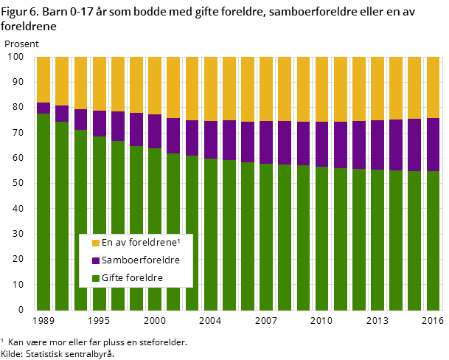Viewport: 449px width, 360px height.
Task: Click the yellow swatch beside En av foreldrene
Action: click(96, 243)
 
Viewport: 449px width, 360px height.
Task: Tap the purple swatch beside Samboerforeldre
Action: click(96, 260)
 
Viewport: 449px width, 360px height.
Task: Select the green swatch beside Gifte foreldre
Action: click(96, 278)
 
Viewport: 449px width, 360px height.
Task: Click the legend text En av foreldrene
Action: click(138, 243)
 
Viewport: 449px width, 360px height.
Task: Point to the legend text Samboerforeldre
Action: click(140, 260)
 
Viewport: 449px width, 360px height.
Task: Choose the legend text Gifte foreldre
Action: click(132, 278)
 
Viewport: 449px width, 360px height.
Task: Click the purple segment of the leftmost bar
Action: click(43, 108)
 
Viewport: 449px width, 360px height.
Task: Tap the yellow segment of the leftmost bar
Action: click(43, 80)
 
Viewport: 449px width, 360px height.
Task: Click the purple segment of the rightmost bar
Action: click(433, 145)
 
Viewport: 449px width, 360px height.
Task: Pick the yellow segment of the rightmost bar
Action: click(433, 87)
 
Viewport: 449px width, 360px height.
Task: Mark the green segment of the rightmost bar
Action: click(433, 240)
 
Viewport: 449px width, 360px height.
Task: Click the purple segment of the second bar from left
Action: click(62, 114)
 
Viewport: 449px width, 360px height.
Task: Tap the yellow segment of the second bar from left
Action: click(62, 81)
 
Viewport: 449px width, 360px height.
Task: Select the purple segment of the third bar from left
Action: click(80, 120)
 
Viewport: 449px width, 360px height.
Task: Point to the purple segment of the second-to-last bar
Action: click(414, 145)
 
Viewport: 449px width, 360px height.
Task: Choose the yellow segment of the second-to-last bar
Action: click(414, 88)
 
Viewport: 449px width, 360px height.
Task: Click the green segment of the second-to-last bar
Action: click(414, 240)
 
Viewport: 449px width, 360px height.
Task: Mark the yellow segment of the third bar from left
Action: click(80, 83)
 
